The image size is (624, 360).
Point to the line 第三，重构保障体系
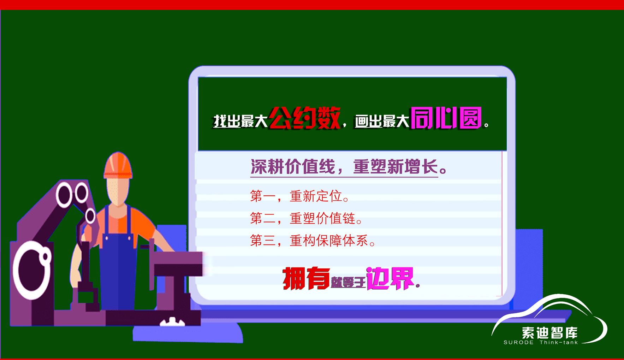coord(313,241)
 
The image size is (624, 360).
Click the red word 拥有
coord(306,278)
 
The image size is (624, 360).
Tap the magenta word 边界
coord(390,278)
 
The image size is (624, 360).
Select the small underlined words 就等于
coord(348,283)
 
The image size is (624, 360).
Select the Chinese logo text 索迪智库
coord(549,333)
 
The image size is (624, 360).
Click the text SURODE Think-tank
coord(541,342)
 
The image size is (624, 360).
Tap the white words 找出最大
coord(240,121)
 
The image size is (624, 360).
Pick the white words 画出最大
coord(382,121)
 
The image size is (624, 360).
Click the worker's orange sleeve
coord(145,226)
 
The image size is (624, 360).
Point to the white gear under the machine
coord(172,322)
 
